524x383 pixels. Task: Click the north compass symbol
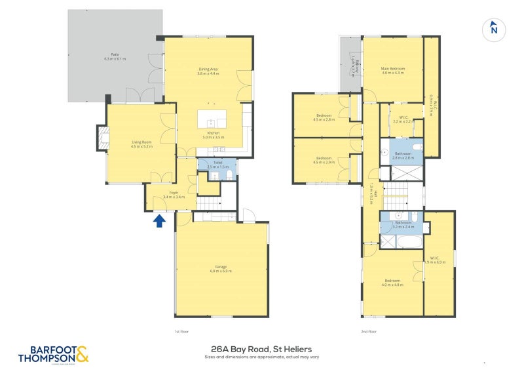click(x=494, y=29)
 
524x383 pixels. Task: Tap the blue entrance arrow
click(x=159, y=221)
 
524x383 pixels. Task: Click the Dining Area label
click(x=208, y=71)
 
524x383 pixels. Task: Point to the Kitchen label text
click(x=214, y=135)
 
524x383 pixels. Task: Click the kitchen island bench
click(x=212, y=119)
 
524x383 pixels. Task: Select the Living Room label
click(x=142, y=144)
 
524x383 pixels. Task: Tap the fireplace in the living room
click(x=102, y=138)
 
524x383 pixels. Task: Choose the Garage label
click(x=221, y=268)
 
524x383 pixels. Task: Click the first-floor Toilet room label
click(x=216, y=165)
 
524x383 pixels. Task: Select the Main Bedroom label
click(x=394, y=70)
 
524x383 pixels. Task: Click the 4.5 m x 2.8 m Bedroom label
click(x=324, y=118)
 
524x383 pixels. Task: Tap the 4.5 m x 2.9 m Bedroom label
click(x=324, y=159)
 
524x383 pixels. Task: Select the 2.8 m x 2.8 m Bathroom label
click(x=403, y=156)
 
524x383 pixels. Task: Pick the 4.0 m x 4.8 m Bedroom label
click(x=393, y=282)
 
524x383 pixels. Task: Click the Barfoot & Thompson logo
click(x=52, y=354)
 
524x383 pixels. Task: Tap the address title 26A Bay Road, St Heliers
click(x=261, y=349)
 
